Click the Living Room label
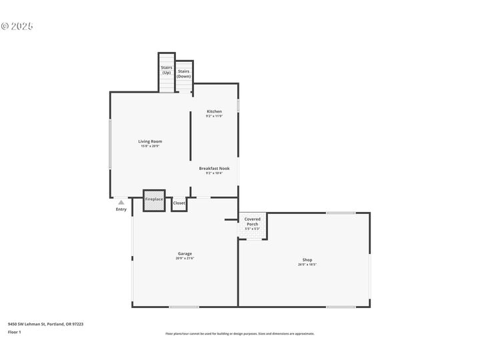(150, 141)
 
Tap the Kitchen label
(214, 111)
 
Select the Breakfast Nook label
(214, 169)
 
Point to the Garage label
(185, 253)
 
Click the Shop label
(307, 260)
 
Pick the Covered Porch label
(253, 221)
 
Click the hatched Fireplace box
(154, 203)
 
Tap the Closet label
(179, 203)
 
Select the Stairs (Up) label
(166, 69)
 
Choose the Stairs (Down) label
(183, 73)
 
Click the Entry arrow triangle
(121, 202)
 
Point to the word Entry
(121, 209)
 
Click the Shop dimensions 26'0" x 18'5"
(307, 265)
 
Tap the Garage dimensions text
(185, 258)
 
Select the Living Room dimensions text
(150, 146)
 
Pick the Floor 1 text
(14, 332)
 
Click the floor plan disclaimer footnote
(240, 333)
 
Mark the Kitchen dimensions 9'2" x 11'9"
(214, 116)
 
